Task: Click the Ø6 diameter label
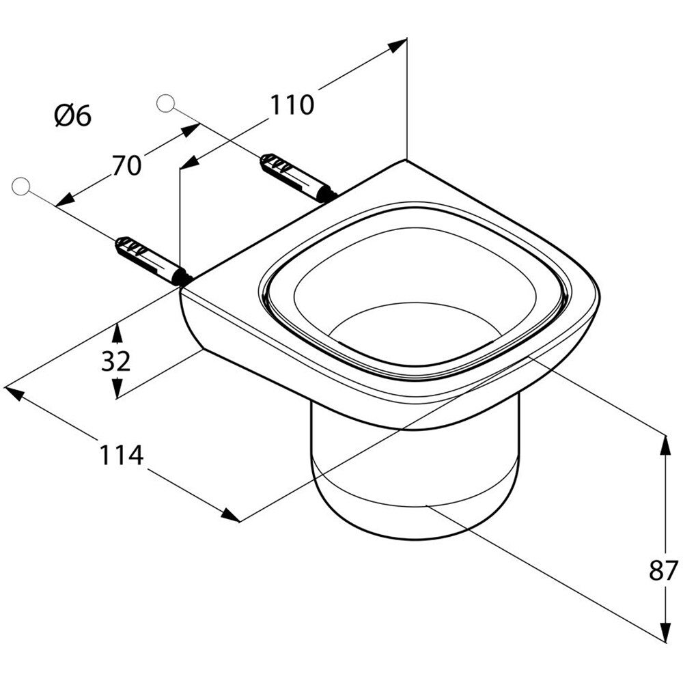pos(72,116)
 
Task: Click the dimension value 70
pos(126,165)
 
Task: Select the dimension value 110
pos(292,105)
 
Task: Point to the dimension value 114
pos(122,455)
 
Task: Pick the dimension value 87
pos(663,570)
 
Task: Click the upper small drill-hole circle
pos(165,103)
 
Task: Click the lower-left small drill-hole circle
pos(21,186)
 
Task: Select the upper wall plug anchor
pos(296,178)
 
